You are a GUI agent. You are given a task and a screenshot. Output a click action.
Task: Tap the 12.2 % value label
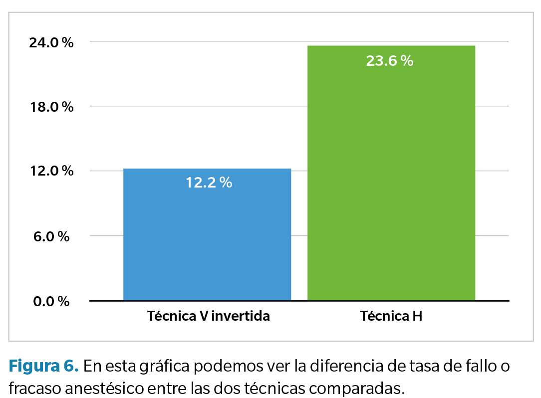click(x=209, y=183)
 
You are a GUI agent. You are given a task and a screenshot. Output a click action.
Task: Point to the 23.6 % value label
click(x=389, y=61)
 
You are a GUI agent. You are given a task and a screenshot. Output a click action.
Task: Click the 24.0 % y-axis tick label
click(x=51, y=42)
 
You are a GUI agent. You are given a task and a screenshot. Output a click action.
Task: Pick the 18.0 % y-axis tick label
click(x=51, y=107)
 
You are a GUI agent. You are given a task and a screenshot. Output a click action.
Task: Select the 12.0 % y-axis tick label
click(x=51, y=171)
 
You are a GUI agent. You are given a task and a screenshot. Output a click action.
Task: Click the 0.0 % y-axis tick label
click(x=51, y=301)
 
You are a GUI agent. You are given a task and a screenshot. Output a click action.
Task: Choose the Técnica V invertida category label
click(x=208, y=316)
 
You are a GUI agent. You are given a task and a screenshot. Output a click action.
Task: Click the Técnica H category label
click(x=391, y=316)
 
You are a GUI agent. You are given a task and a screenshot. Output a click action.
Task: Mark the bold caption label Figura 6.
click(x=44, y=367)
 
